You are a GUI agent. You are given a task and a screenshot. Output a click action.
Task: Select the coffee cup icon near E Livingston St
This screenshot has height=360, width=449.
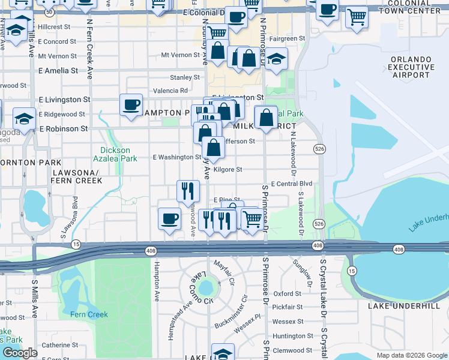tap(131, 105)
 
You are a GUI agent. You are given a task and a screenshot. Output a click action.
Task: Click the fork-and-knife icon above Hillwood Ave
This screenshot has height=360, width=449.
tap(188, 191)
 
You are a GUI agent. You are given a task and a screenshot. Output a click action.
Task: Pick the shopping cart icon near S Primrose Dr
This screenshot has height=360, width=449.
tap(252, 220)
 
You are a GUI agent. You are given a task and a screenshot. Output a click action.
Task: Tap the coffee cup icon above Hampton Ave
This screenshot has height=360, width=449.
tap(169, 218)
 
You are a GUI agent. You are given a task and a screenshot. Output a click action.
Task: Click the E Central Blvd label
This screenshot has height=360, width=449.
tap(292, 184)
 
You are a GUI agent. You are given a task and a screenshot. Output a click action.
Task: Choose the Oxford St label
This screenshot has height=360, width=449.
tap(287, 294)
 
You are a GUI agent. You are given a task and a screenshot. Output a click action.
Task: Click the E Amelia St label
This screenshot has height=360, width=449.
tap(58, 70)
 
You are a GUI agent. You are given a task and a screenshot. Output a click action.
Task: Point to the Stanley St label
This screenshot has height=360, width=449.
tap(184, 77)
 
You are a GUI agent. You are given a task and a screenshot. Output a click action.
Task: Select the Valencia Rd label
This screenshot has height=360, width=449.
tap(171, 91)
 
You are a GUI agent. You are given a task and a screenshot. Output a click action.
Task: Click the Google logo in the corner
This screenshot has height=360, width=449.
tap(20, 353)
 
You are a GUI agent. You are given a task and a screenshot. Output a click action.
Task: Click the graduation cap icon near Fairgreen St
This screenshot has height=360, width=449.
tap(276, 59)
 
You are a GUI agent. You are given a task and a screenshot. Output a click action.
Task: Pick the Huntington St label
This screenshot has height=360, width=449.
tap(293, 336)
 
